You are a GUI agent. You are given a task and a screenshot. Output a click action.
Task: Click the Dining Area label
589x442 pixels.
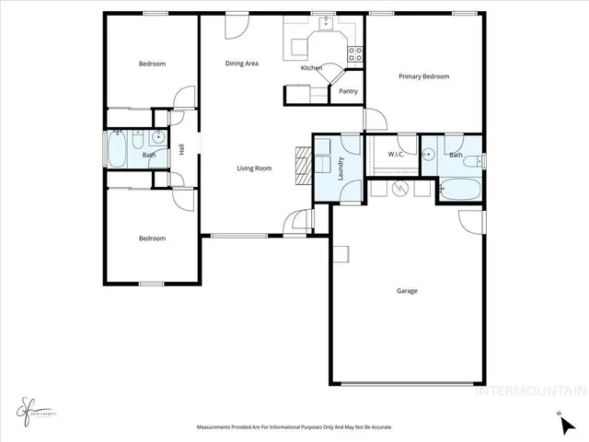coord(242,64)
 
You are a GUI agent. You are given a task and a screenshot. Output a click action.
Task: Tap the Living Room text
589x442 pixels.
coord(254,169)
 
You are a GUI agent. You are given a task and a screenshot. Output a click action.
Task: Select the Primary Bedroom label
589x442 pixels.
coord(423,76)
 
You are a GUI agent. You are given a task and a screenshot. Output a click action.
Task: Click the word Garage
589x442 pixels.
coord(407,291)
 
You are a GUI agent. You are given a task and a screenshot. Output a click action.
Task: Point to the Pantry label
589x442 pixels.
coord(348,91)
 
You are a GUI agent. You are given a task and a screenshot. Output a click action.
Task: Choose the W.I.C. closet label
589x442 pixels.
coord(398,154)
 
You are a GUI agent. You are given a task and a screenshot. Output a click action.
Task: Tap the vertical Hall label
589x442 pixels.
coord(182,148)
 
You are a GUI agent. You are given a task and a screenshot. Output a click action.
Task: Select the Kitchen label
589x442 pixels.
coord(311,68)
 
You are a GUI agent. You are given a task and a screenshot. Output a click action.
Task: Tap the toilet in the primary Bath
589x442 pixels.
coord(471,163)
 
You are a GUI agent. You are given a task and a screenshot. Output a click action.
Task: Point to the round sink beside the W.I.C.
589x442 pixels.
coord(428,155)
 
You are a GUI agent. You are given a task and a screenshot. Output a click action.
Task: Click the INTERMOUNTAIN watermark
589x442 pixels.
coord(529,390)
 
